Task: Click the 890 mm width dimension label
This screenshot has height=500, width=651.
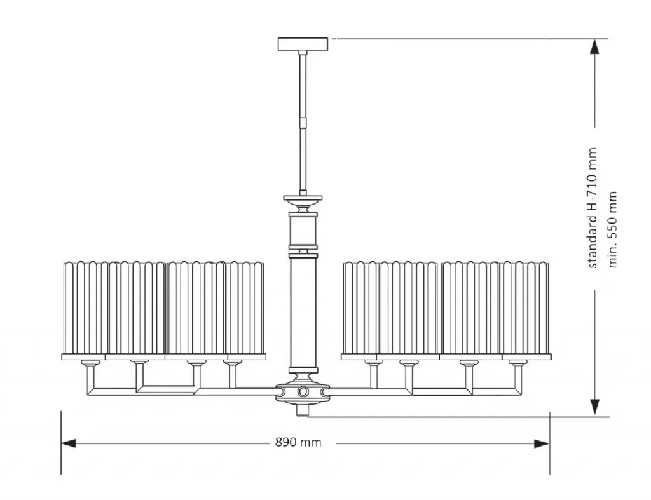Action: point(298,442)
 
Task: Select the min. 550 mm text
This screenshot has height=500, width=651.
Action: point(612,229)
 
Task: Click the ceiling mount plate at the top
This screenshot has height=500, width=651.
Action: point(303,44)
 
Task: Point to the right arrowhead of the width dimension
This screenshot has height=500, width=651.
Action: point(542,444)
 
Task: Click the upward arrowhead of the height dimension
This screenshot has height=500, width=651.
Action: point(595,46)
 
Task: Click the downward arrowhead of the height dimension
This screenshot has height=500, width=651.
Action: point(595,407)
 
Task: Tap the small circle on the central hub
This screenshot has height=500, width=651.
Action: point(303,391)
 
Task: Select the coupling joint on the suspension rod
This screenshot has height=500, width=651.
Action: point(303,123)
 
